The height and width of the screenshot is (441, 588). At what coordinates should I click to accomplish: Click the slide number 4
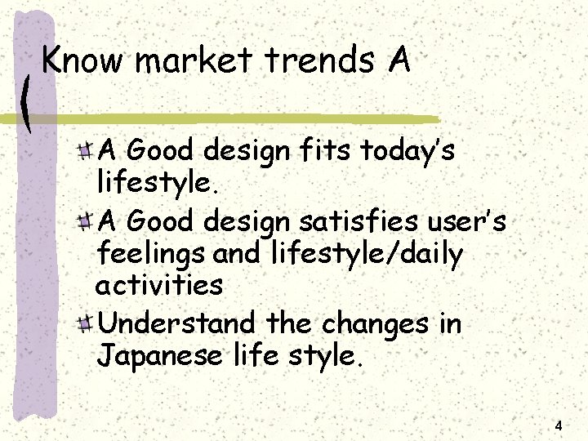[559, 426]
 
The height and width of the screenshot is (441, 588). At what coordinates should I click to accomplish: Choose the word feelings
[151, 256]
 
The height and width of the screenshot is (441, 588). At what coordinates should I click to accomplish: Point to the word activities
[159, 286]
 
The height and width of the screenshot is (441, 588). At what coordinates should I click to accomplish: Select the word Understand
[176, 324]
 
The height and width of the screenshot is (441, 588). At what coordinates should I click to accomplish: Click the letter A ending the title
[399, 60]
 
